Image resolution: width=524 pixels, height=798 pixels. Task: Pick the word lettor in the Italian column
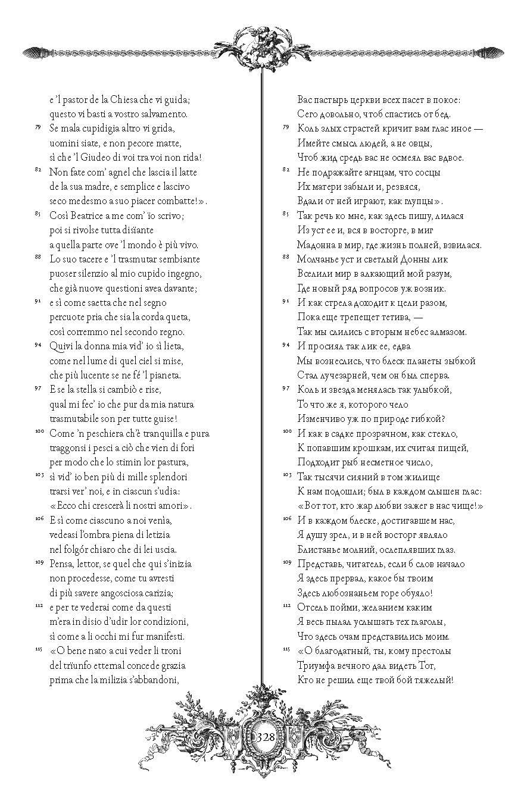88,563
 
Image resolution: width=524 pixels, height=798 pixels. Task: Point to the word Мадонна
317,245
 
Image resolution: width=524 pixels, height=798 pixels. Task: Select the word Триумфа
316,665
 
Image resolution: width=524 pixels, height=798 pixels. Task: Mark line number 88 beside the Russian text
286,256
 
